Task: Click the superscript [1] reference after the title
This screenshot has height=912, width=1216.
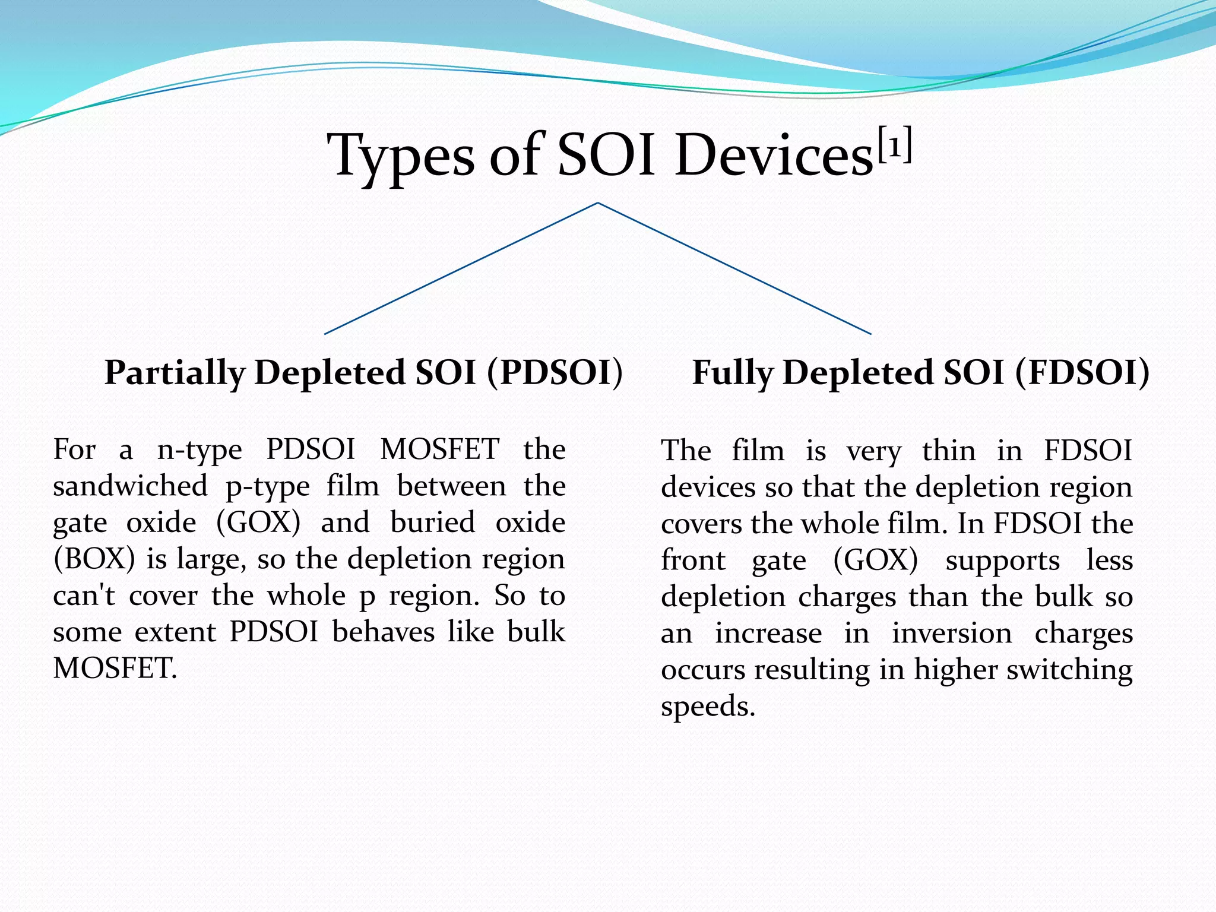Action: pos(894,145)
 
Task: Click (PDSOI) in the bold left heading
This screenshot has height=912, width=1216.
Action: pos(555,373)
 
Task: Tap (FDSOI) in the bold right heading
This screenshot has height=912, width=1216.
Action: pos(1082,373)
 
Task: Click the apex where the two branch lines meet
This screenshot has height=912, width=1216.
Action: pos(598,203)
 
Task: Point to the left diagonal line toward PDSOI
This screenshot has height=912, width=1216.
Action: pos(461,268)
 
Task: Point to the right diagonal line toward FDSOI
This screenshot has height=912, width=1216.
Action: pos(734,268)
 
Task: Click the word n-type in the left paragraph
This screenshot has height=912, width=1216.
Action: pos(199,450)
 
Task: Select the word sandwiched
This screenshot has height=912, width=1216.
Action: pos(130,486)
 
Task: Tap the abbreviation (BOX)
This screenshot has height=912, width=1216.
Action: pos(94,559)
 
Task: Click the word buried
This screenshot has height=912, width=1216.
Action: pos(433,523)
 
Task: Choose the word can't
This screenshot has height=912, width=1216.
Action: pos(84,596)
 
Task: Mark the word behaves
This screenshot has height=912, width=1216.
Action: pos(384,632)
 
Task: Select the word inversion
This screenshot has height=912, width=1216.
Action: pos(952,634)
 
